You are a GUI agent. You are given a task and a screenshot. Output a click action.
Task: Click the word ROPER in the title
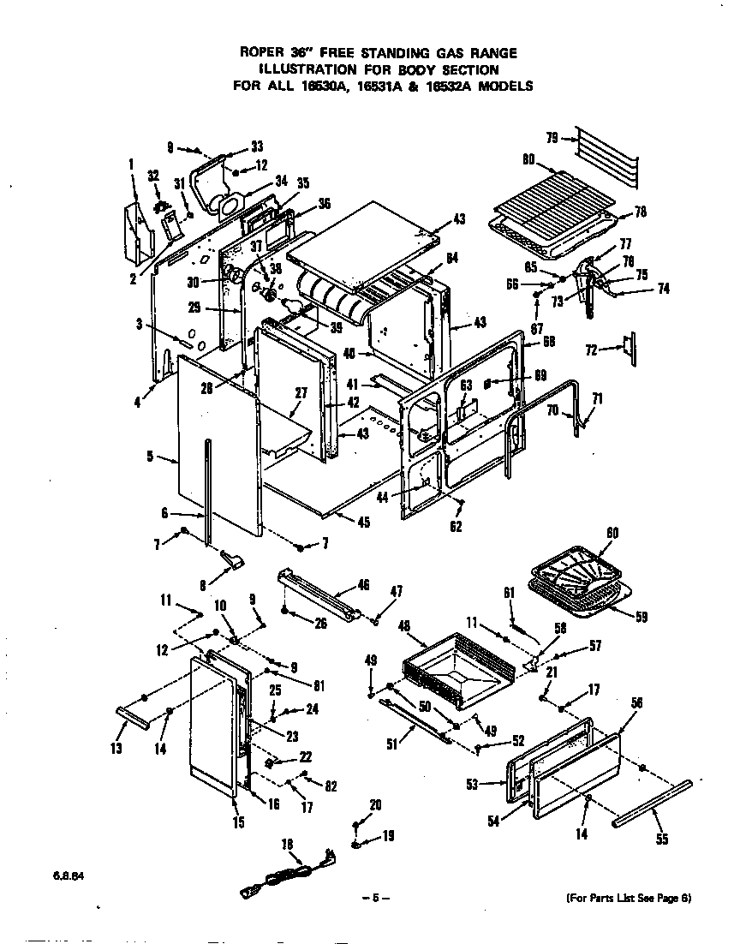click(x=262, y=53)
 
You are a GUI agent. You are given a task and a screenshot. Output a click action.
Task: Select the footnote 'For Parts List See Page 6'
click(x=629, y=898)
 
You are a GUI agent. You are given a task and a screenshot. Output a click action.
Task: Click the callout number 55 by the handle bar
click(x=661, y=839)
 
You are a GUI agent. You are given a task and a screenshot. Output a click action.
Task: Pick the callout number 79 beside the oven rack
click(x=553, y=137)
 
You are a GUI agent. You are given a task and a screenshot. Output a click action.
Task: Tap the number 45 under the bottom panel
click(x=363, y=523)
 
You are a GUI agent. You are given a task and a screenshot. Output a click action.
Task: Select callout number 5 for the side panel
click(x=150, y=457)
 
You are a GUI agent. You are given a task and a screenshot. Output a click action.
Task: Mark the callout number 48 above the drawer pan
click(x=406, y=626)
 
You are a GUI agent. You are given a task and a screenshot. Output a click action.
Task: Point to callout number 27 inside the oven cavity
click(x=300, y=393)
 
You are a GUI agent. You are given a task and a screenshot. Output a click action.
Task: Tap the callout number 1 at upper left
click(x=132, y=164)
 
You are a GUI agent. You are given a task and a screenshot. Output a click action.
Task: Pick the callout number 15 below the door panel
click(x=238, y=823)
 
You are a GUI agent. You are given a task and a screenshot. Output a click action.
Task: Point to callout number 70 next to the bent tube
click(x=553, y=410)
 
